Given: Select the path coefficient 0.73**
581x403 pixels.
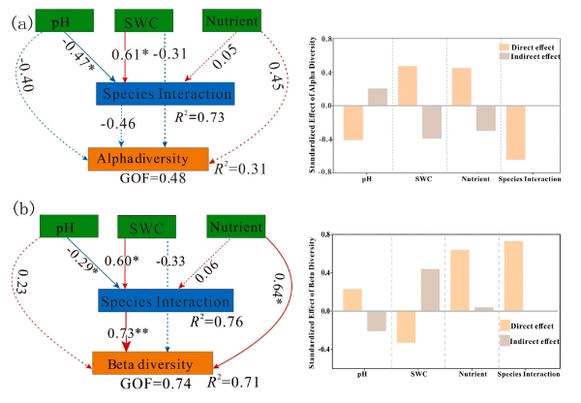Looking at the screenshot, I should tap(129, 331).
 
